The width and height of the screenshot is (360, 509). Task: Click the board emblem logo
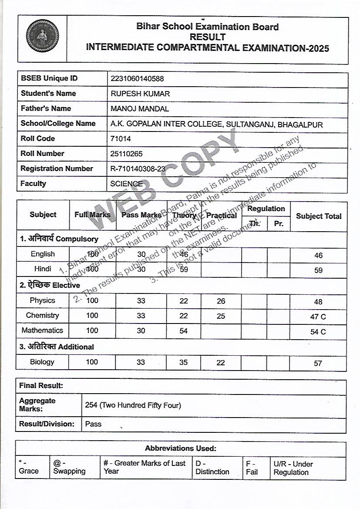(42, 36)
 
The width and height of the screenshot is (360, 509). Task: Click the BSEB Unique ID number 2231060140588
(137, 79)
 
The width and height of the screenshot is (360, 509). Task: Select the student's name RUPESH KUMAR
(140, 94)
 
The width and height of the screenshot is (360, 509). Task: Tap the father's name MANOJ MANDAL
(140, 109)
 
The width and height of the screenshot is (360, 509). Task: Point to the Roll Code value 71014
(121, 139)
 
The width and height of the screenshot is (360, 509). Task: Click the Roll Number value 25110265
(127, 154)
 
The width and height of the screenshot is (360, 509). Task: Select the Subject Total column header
(319, 216)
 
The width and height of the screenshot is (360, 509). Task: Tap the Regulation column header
(266, 209)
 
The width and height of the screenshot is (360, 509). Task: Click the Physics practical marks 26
(221, 301)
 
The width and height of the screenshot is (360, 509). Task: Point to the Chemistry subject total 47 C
(318, 317)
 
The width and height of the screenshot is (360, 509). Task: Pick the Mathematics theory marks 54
(184, 331)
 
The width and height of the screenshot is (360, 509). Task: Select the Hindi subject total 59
(318, 270)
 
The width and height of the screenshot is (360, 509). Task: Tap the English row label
(43, 254)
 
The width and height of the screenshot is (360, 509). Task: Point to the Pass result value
(93, 424)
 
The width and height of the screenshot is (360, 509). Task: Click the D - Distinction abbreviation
(212, 468)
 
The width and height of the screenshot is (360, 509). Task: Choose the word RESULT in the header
(207, 37)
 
